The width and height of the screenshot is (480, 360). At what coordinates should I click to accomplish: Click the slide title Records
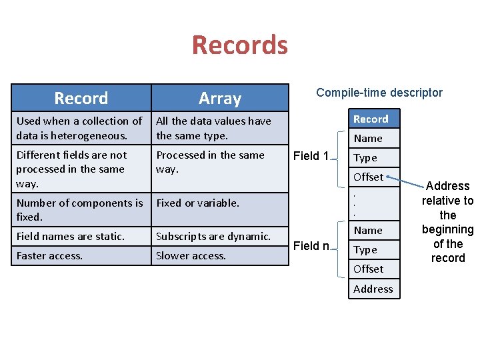point(239,45)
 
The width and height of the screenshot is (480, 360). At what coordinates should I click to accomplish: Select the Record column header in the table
point(81,98)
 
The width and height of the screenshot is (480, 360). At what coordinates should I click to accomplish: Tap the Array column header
point(219,99)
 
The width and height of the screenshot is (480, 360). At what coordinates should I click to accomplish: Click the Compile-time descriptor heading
point(379,93)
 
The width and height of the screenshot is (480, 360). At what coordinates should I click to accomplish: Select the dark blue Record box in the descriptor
point(371,119)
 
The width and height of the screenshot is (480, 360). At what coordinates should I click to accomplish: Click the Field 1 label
point(311,156)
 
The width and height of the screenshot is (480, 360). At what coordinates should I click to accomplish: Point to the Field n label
point(311,246)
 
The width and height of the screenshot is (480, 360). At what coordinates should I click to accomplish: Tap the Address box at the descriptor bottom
point(373,289)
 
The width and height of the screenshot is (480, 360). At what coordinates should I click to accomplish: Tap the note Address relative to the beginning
point(448,221)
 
